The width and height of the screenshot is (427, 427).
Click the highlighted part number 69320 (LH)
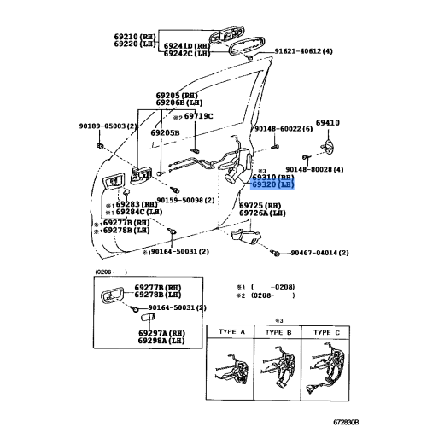point(272,184)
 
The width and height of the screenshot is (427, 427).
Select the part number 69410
point(328,123)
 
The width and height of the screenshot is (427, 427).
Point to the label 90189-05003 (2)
point(108,126)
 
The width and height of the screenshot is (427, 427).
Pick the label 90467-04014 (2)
point(321,253)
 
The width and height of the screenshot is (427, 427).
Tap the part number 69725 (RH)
point(260,206)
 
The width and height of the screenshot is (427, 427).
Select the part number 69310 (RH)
point(272,177)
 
